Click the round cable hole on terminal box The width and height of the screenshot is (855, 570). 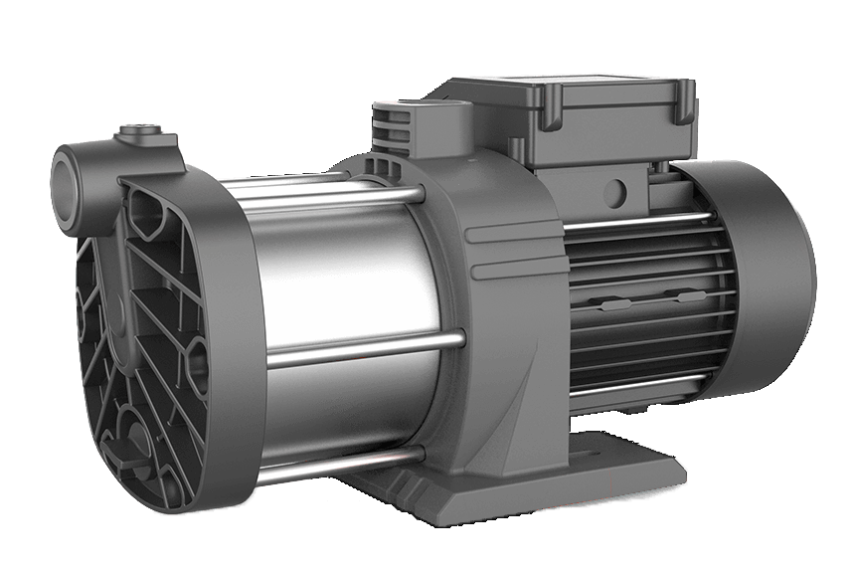click(616, 186)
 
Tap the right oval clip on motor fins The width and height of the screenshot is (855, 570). click(686, 295)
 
